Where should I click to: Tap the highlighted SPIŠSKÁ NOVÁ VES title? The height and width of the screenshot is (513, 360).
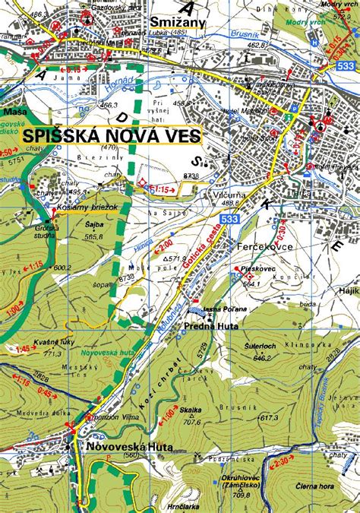111,135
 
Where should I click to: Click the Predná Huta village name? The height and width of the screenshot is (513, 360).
211,326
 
